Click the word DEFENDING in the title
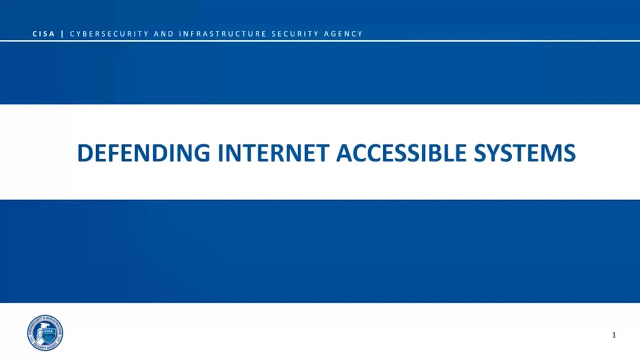[x=143, y=153]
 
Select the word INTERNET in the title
[x=273, y=153]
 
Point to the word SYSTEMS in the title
[x=524, y=153]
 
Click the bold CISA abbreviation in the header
[x=43, y=34]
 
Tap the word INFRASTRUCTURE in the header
[x=223, y=34]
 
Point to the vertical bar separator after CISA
[x=62, y=34]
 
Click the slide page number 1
[x=614, y=335]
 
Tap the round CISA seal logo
[x=45, y=332]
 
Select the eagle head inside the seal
[x=40, y=332]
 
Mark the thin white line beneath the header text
[x=320, y=40]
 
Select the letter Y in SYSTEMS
[x=492, y=153]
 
